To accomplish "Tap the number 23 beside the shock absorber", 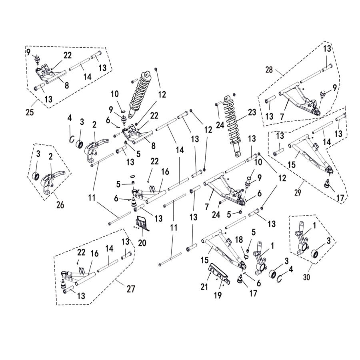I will pyautogui.click(x=252, y=112).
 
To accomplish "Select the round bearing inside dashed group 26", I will pyautogui.click(x=36, y=176).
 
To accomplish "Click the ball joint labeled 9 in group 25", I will pyautogui.click(x=38, y=60).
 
